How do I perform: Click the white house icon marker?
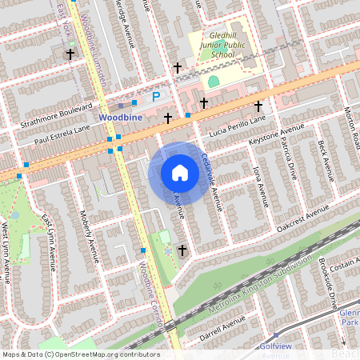point(180,173)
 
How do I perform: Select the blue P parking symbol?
point(156,97)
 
